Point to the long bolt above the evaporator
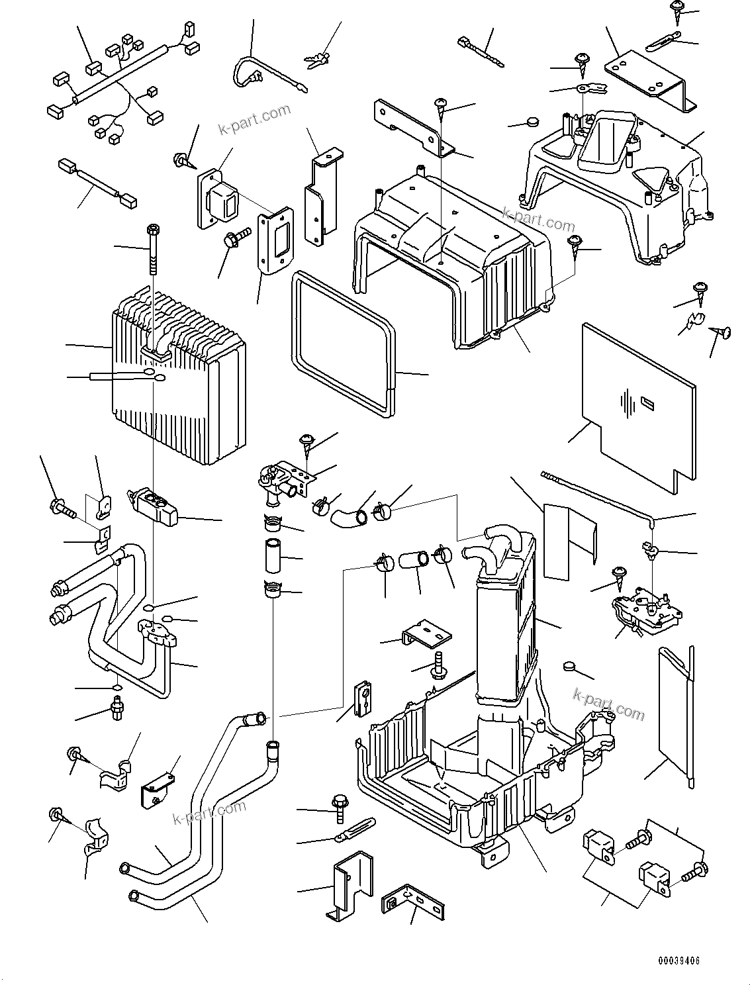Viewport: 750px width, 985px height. click(154, 252)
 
